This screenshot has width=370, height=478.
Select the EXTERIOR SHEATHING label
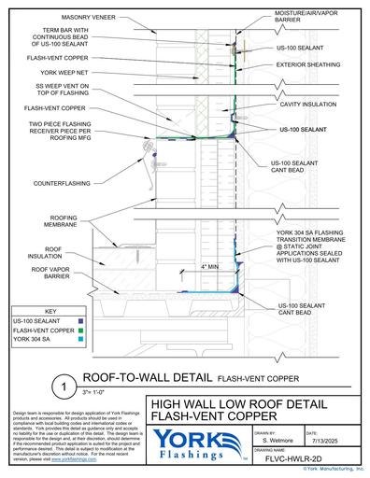[x=307, y=66]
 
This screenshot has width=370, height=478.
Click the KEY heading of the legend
[x=57, y=310]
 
